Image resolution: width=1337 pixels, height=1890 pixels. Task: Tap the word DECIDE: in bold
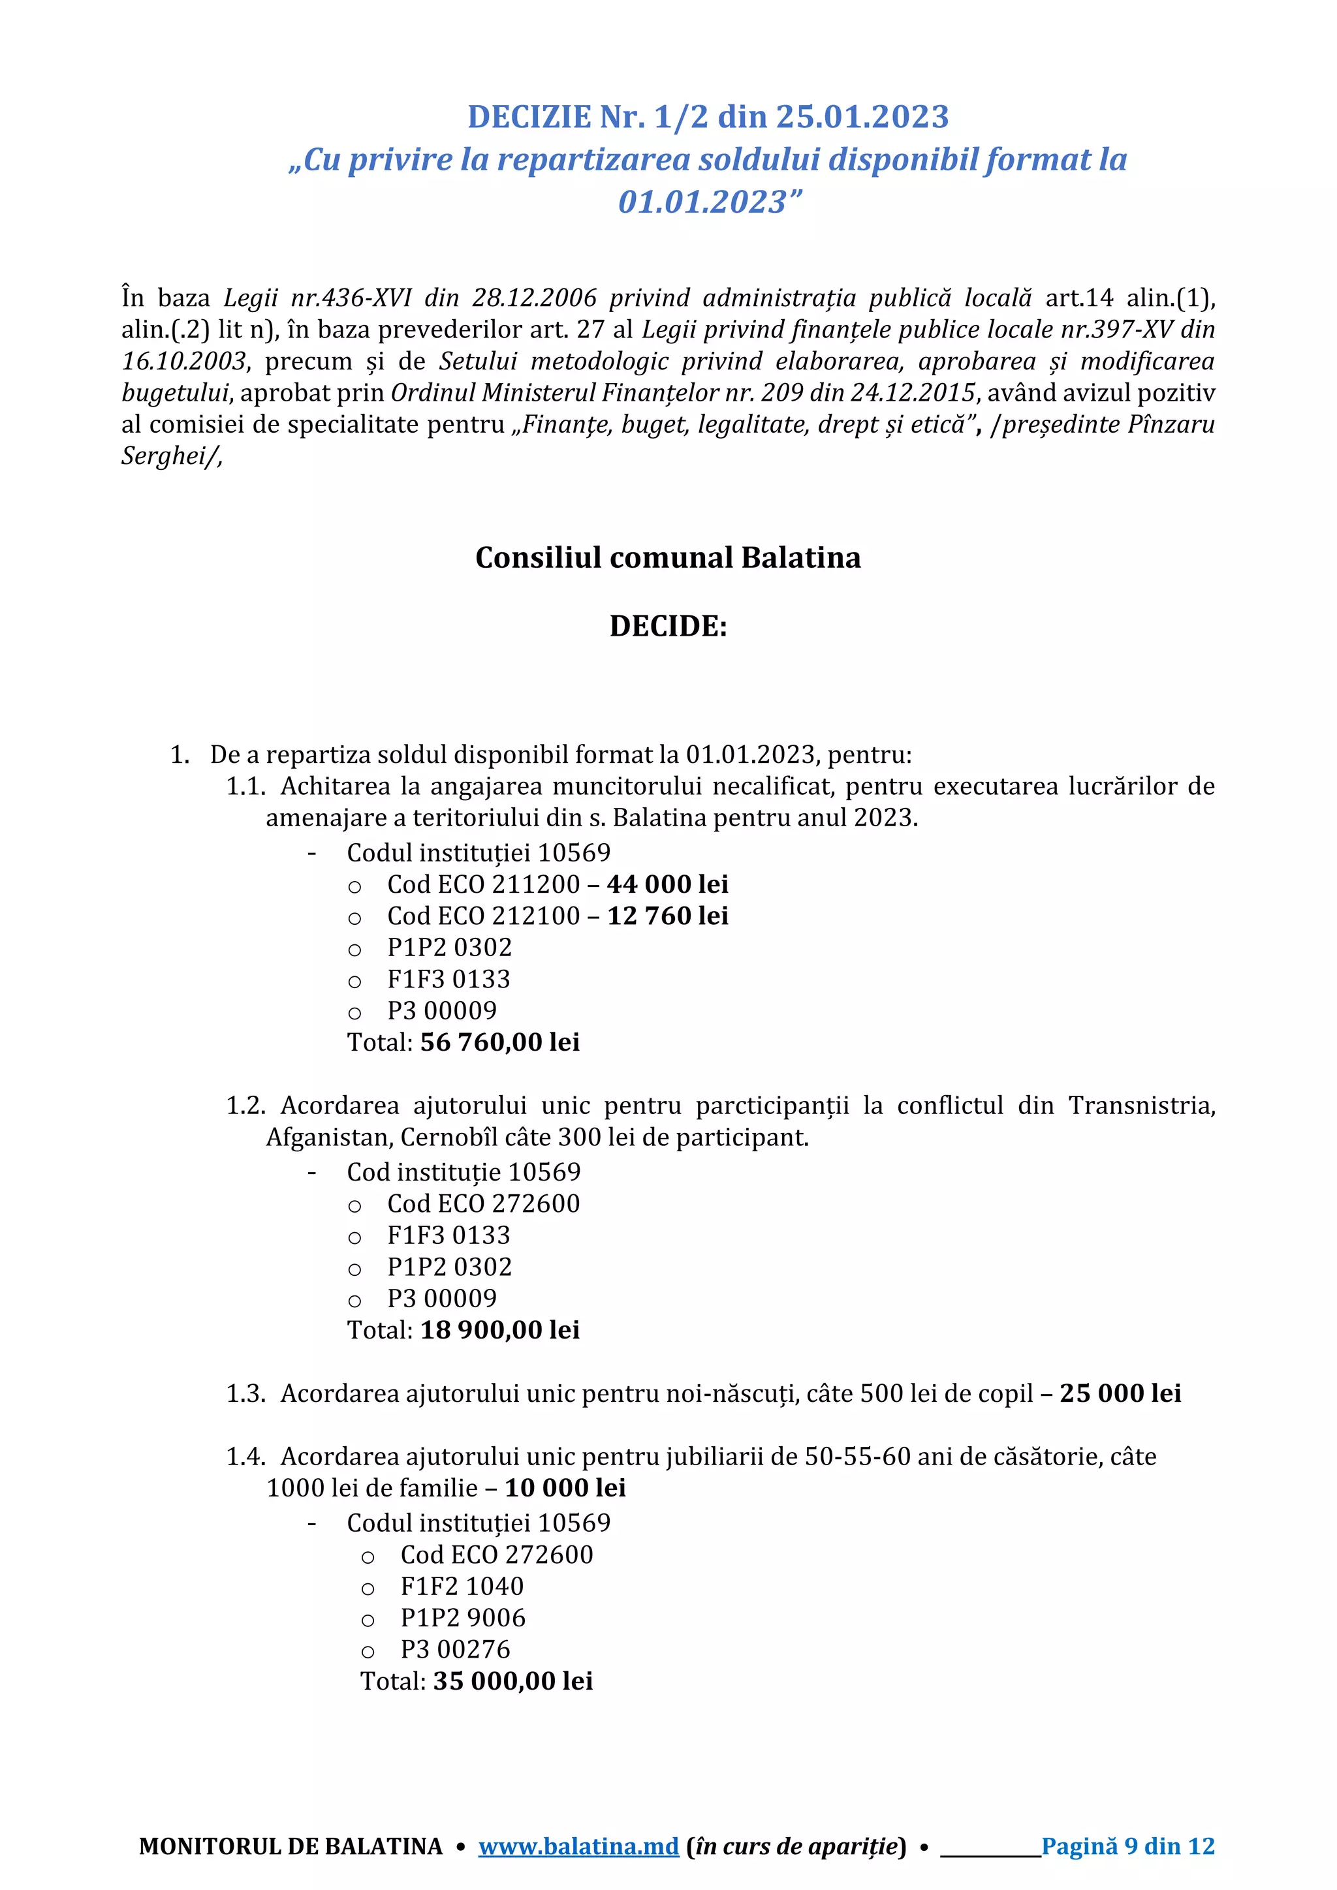click(668, 627)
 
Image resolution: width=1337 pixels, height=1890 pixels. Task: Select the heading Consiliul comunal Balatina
click(668, 557)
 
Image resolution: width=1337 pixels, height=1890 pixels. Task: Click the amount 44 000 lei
click(667, 884)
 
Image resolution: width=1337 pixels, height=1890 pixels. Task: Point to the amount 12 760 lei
click(667, 916)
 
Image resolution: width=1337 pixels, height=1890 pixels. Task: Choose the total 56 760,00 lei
click(499, 1042)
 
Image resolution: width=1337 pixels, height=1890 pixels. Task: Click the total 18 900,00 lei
click(499, 1329)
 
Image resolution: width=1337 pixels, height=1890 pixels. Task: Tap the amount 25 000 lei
click(1120, 1393)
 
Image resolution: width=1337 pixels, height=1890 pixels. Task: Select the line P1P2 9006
click(463, 1618)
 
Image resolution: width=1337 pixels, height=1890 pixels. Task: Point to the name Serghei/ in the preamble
click(171, 456)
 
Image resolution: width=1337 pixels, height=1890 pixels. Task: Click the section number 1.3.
click(245, 1393)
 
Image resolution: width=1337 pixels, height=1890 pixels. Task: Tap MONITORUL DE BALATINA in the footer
click(291, 1846)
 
